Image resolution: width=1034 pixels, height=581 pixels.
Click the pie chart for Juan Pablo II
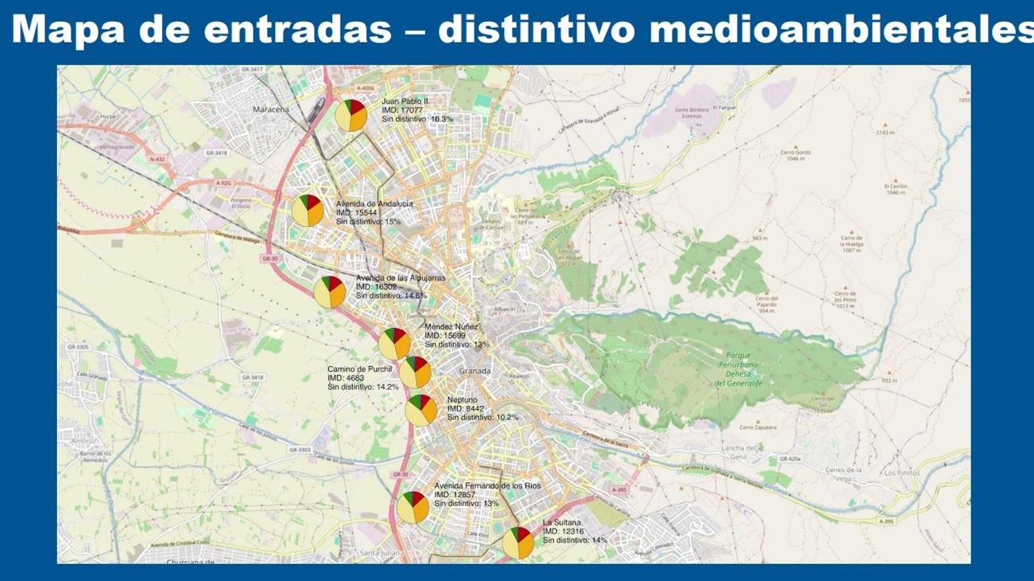[x=351, y=116]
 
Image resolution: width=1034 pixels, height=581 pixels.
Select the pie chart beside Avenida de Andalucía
[x=308, y=210]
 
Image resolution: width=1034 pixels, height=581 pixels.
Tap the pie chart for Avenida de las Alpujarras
[x=330, y=292]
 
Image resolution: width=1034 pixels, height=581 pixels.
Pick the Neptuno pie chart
[x=421, y=410]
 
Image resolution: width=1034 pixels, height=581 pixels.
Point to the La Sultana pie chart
[x=518, y=543]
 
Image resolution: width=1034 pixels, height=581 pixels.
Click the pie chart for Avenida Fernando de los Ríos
[x=412, y=507]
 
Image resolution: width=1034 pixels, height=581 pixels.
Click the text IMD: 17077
[x=402, y=110]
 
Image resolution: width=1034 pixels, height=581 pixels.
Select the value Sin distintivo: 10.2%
[x=483, y=418]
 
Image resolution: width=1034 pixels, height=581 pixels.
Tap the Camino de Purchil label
[x=360, y=369]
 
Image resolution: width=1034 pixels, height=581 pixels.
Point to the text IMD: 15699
[x=445, y=336]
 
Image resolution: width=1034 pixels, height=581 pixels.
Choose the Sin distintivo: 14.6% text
[x=391, y=296]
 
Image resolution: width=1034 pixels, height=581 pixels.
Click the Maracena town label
[x=271, y=109]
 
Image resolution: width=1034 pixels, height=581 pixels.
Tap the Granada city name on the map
[x=475, y=371]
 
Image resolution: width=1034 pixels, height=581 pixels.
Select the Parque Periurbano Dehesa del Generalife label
[x=738, y=369]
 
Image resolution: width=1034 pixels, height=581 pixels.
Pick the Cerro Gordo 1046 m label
[x=795, y=155]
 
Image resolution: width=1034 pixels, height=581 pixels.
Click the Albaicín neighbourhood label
[x=504, y=309]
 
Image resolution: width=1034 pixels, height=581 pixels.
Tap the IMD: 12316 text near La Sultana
[x=563, y=531]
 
